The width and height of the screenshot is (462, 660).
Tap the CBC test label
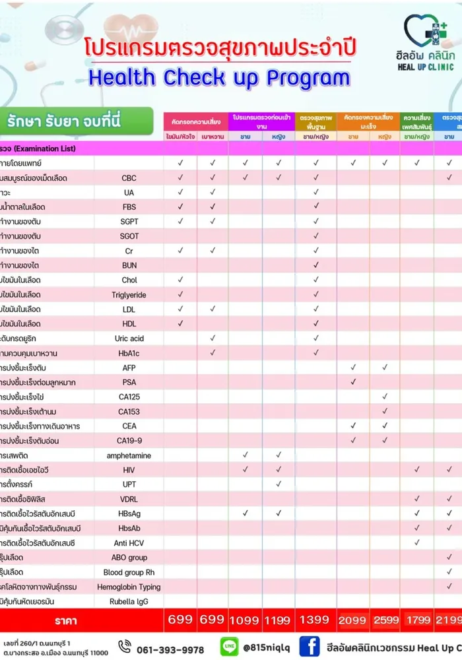(x=129, y=178)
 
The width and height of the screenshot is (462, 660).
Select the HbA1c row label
(x=129, y=353)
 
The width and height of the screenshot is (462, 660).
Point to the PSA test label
(x=129, y=382)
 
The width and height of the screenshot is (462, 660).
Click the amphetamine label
(x=129, y=455)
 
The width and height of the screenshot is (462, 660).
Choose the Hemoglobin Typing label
(x=129, y=587)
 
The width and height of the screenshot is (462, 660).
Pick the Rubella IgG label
(x=129, y=601)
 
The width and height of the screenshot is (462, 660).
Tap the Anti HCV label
(x=129, y=543)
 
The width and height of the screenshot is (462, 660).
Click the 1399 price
(x=315, y=620)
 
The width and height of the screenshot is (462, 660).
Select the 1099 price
(x=244, y=620)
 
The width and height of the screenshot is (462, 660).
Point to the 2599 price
(x=385, y=620)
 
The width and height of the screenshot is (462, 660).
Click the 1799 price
(x=416, y=620)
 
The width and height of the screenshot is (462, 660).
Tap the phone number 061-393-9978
(x=170, y=649)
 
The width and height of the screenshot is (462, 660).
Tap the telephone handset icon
(x=123, y=648)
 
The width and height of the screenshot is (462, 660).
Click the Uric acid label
(x=129, y=339)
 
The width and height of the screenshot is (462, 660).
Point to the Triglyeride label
(x=129, y=295)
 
